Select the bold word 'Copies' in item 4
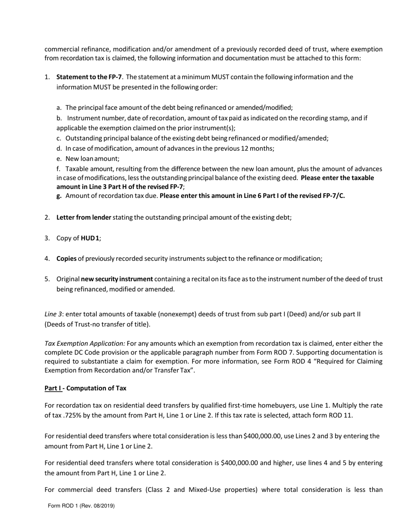coord(66,258)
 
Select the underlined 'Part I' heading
coord(53,388)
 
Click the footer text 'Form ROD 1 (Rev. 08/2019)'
coord(81,506)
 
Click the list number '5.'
coord(47,279)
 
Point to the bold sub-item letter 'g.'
coord(59,196)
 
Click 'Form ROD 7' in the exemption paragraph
coord(274,353)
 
